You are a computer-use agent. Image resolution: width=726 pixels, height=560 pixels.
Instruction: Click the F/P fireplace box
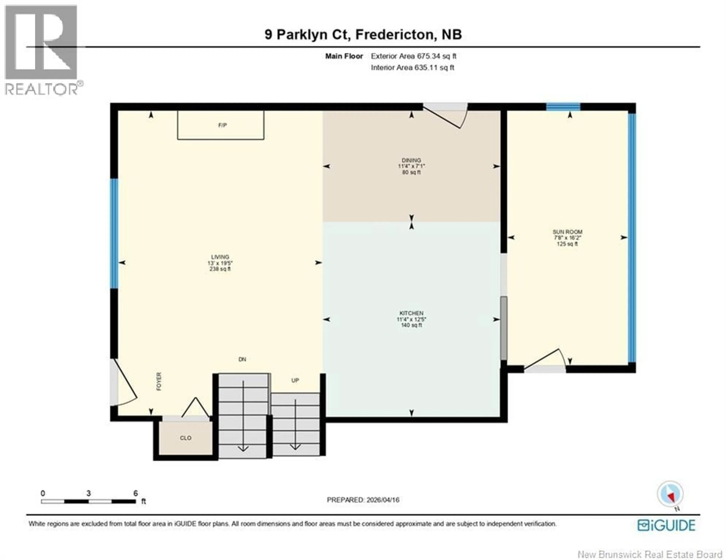[221, 125]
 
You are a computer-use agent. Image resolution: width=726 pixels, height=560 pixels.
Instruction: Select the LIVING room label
[220, 257]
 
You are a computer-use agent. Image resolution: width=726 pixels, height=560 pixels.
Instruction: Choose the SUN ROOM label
[567, 232]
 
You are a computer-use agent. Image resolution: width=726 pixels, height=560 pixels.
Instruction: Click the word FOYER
[159, 381]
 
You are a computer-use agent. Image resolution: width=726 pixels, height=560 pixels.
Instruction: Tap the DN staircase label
[242, 359]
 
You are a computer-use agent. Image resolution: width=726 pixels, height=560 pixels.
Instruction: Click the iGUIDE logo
[666, 525]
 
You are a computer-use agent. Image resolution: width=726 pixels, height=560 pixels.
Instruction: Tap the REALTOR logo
[42, 50]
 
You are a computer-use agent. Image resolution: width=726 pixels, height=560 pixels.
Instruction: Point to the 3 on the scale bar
[88, 493]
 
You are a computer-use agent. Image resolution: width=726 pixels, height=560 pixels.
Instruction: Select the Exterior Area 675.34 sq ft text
[413, 56]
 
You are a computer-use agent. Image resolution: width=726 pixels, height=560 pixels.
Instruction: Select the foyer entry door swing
[125, 385]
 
